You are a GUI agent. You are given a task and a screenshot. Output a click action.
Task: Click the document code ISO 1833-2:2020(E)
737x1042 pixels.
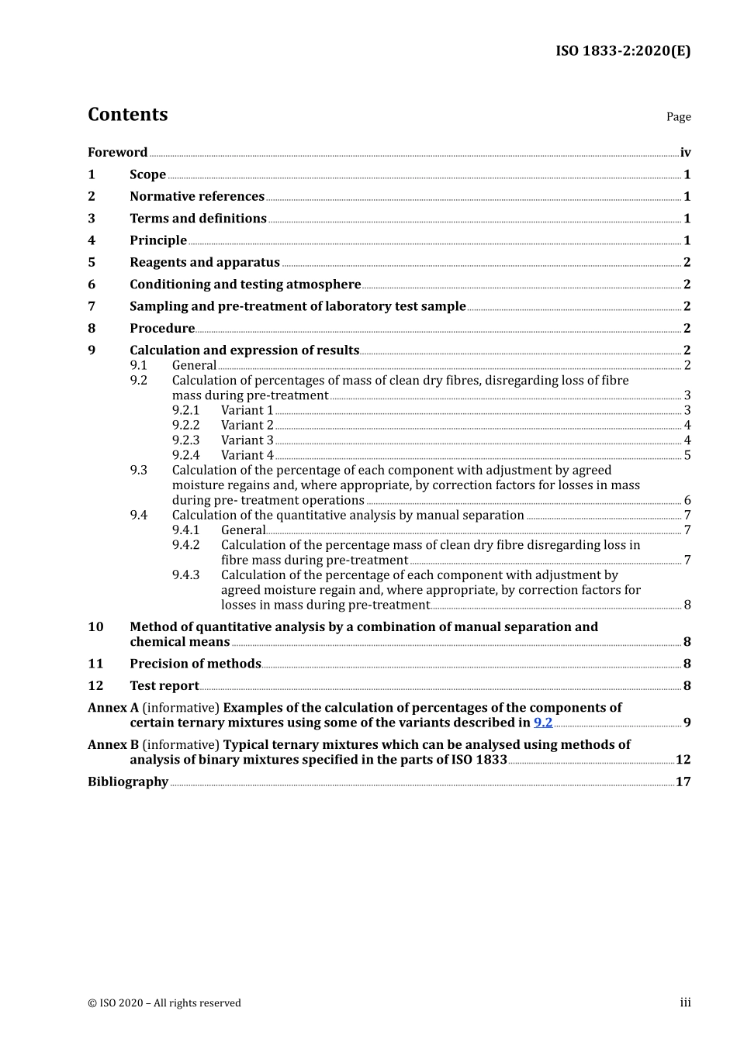click(x=622, y=51)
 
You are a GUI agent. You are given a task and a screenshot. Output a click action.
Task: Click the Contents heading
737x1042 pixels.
click(x=127, y=114)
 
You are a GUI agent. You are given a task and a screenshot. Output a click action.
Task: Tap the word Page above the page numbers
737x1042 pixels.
click(x=678, y=116)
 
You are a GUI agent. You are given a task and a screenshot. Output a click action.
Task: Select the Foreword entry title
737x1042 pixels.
click(x=117, y=152)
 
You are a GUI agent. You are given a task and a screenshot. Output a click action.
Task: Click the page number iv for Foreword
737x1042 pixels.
click(x=685, y=153)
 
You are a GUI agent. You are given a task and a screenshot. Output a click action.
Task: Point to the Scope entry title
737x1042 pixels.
click(x=147, y=174)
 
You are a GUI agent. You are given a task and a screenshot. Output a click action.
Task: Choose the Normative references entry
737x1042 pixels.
click(x=196, y=196)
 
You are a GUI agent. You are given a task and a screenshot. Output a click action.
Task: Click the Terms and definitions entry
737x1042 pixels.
click(x=198, y=219)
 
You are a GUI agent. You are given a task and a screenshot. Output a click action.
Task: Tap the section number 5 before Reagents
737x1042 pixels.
click(x=92, y=262)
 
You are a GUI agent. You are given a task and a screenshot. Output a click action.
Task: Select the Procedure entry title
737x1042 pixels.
click(x=161, y=328)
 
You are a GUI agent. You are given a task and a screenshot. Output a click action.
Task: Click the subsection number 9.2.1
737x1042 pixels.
click(x=185, y=410)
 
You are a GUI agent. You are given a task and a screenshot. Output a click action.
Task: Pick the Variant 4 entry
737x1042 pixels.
click(x=247, y=455)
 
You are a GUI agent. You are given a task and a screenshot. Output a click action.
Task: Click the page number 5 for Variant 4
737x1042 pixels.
click(x=687, y=455)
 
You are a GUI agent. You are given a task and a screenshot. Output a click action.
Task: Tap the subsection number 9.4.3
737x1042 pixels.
click(x=185, y=575)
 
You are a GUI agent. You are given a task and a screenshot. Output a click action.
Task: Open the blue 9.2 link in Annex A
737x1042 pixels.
click(x=543, y=723)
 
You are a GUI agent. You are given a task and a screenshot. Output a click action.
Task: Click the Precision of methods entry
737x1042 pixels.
click(x=195, y=664)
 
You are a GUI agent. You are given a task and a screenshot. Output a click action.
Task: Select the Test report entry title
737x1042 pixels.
click(x=164, y=685)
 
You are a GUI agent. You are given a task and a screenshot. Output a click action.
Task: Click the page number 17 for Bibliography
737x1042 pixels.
click(x=683, y=781)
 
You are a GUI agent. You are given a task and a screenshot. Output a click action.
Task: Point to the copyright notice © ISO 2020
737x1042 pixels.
click(x=164, y=1003)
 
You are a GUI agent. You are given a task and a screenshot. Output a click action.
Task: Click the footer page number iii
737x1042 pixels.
click(x=685, y=1002)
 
